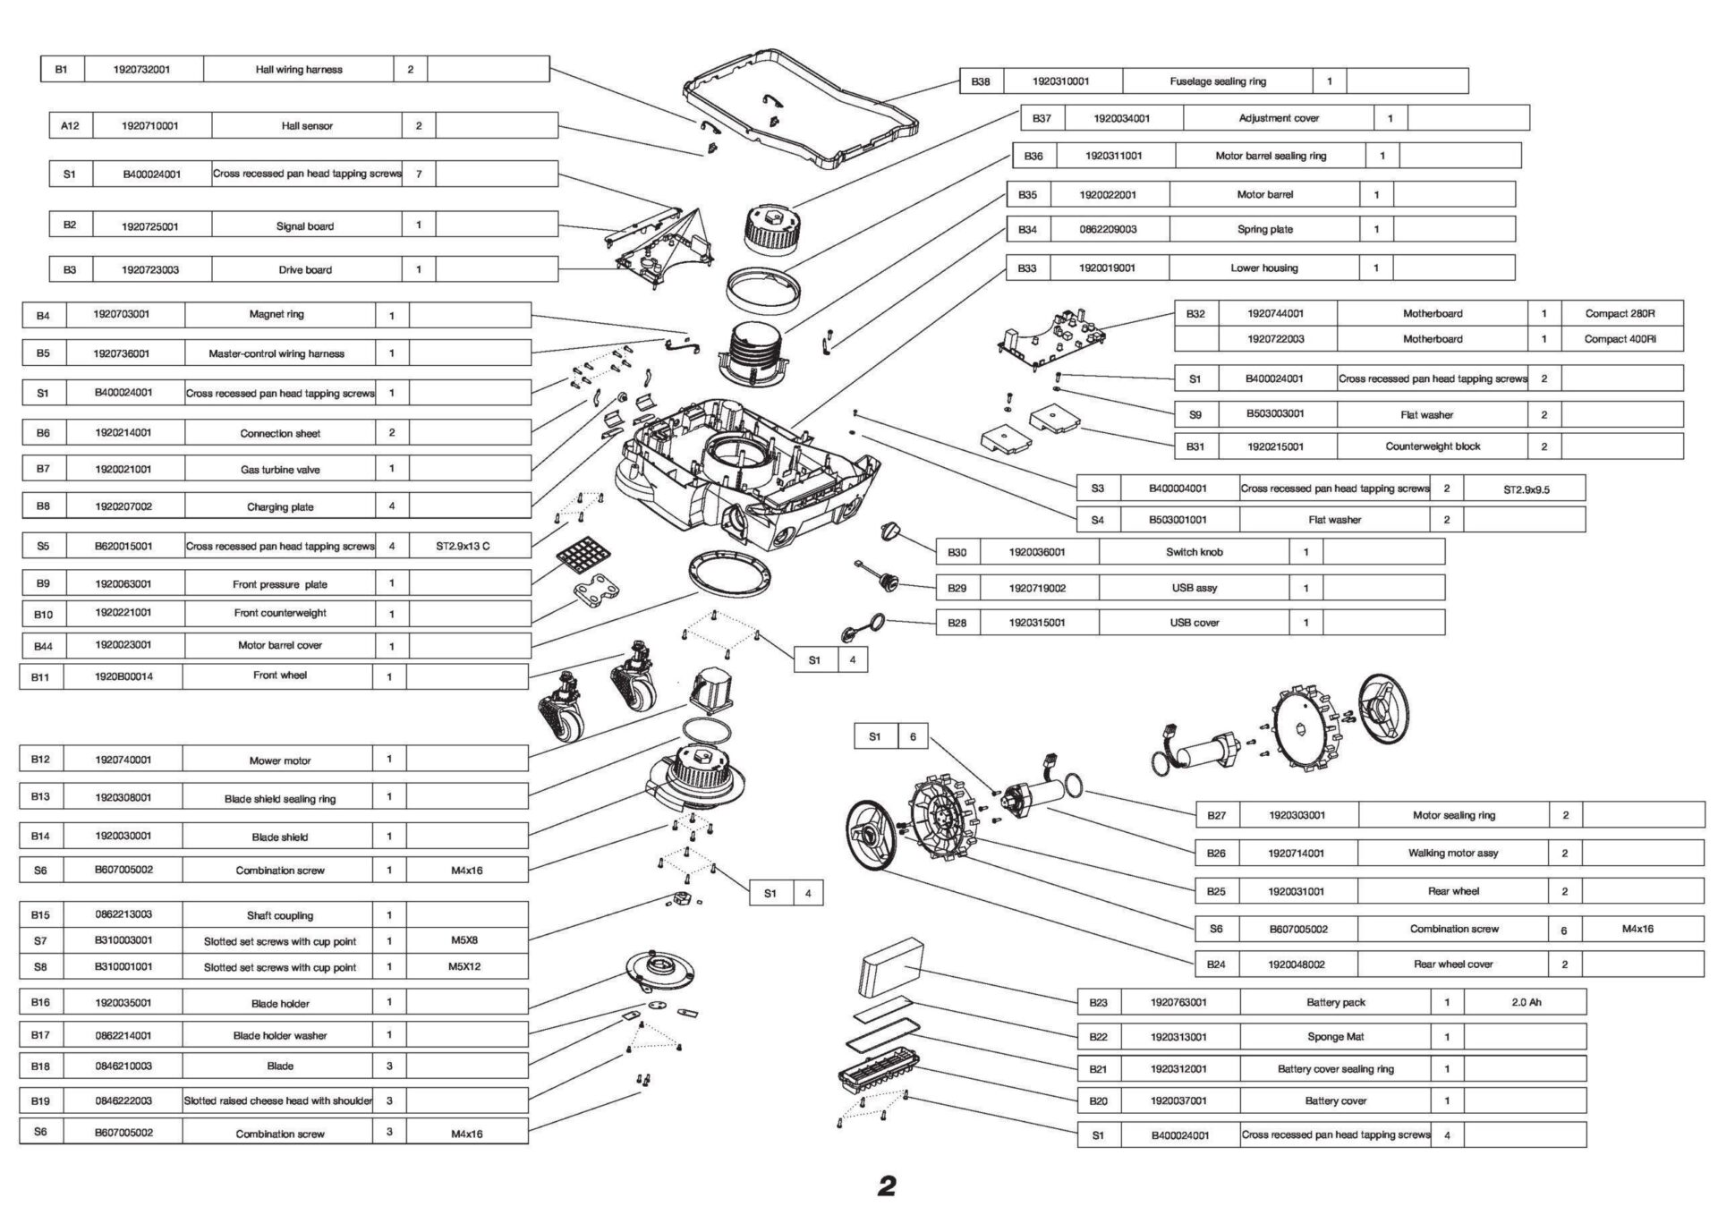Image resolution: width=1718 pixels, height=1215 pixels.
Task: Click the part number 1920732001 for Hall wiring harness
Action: tap(143, 69)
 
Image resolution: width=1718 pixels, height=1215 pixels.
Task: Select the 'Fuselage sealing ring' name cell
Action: tap(1217, 81)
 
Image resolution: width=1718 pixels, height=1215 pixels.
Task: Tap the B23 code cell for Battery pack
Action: tap(1099, 1003)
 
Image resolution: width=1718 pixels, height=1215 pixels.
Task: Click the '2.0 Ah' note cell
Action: tap(1526, 1003)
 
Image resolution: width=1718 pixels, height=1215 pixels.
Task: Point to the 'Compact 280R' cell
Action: tap(1620, 314)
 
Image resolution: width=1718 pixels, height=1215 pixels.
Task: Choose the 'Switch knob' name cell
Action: tap(1194, 552)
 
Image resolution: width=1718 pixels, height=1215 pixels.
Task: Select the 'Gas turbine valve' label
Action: tap(279, 469)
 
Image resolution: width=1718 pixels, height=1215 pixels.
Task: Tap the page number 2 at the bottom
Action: tap(886, 1187)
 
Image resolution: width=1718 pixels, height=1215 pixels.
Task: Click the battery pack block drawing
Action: tap(890, 969)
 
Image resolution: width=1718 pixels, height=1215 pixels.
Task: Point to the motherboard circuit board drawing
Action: tap(1051, 340)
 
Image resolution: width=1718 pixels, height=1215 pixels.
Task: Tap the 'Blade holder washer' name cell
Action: tap(279, 1035)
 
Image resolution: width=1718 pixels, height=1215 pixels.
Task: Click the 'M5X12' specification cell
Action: tap(464, 967)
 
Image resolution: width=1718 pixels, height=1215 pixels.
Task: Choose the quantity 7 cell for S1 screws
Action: tap(418, 174)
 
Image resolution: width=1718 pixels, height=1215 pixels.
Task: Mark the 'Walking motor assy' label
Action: tap(1452, 854)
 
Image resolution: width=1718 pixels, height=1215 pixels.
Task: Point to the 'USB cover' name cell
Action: tap(1194, 623)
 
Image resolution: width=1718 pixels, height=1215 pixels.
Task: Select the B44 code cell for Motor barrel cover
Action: tap(42, 646)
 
